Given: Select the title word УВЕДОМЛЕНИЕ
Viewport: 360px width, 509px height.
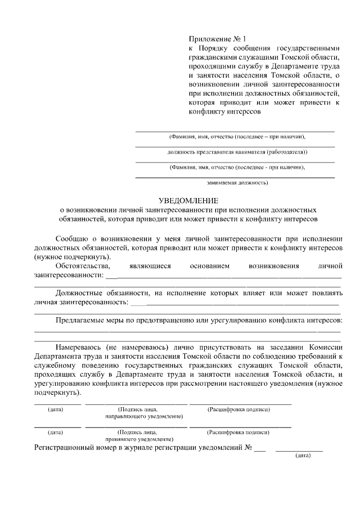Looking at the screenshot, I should click(188, 200).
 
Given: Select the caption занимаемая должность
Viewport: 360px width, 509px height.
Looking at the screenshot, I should click(237, 182).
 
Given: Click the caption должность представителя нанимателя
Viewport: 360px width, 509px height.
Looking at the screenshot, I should click(237, 152).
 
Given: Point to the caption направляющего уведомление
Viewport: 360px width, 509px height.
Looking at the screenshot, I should click(144, 416).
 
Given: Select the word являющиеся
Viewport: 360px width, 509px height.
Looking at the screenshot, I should click(149, 265).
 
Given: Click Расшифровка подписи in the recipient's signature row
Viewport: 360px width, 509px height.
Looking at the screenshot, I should click(238, 432).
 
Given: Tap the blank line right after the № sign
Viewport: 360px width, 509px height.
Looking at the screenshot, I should click(259, 450).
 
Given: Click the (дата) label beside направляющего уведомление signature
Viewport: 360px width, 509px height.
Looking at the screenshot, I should click(55, 409).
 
